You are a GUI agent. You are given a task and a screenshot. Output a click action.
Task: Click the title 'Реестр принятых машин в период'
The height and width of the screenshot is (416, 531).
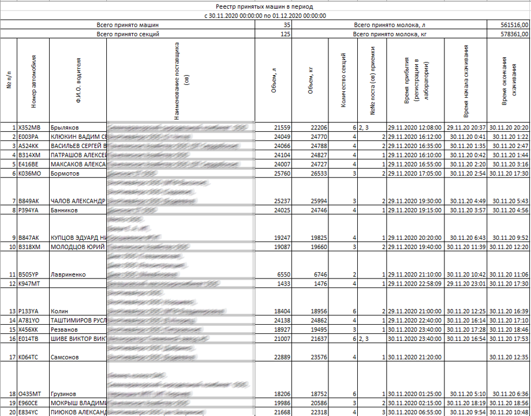[x=266, y=7]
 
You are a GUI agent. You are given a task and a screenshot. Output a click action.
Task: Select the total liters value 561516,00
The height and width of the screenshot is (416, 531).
[x=516, y=25]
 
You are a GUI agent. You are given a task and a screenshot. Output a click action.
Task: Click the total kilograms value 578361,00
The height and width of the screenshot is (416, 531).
[x=516, y=34]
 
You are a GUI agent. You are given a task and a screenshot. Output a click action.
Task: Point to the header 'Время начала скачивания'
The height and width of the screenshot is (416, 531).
[x=466, y=81]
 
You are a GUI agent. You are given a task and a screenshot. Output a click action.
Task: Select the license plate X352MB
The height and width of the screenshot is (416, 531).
[x=29, y=127]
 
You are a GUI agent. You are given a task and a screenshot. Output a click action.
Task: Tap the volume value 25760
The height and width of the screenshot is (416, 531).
[x=282, y=173]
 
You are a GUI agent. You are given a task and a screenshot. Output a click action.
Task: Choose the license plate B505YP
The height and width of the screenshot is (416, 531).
[x=29, y=274]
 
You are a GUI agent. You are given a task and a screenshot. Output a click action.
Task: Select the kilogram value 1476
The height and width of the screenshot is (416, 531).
[x=319, y=284]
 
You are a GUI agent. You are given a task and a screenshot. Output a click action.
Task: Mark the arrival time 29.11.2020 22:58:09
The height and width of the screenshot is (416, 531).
[x=414, y=284]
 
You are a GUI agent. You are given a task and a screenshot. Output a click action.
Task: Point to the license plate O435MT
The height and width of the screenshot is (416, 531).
[x=30, y=393]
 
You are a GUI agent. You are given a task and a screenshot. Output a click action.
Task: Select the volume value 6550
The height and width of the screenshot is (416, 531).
[x=284, y=274]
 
